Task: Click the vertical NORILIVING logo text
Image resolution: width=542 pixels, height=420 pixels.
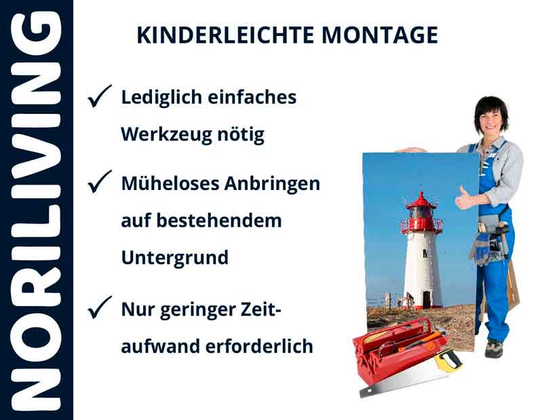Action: (37, 210)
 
